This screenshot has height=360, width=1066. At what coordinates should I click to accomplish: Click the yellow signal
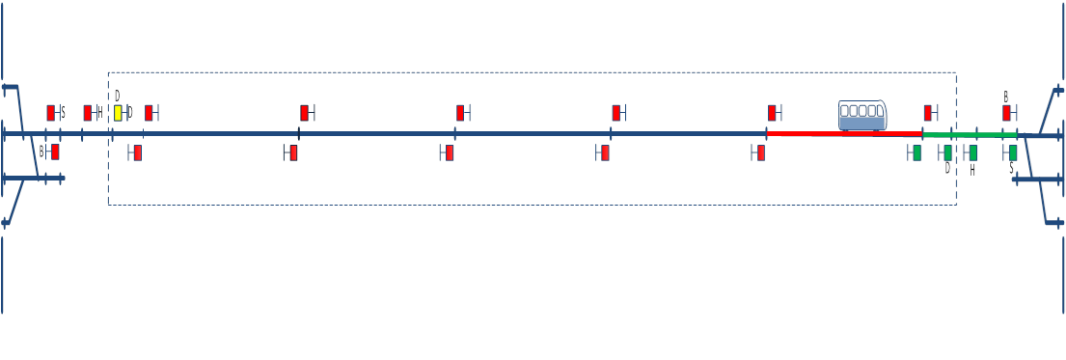[x=118, y=112]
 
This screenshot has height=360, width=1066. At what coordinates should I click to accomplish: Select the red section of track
[x=844, y=134]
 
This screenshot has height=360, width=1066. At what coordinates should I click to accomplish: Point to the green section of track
[x=969, y=135]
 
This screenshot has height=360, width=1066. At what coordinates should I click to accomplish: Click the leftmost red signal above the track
[x=51, y=112]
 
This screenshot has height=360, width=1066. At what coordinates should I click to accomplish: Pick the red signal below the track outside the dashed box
[x=55, y=152]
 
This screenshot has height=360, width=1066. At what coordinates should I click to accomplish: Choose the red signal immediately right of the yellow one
[x=149, y=112]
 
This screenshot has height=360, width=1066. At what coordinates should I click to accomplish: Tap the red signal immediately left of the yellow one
[x=87, y=112]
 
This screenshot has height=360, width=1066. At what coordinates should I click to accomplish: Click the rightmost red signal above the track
[x=1006, y=112]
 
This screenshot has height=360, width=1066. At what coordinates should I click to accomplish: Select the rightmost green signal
[x=1013, y=152]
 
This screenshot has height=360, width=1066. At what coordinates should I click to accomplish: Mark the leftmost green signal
[x=916, y=152]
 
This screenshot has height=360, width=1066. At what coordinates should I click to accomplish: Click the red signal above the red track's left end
[x=772, y=112]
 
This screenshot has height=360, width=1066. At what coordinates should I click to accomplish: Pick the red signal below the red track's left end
[x=761, y=152]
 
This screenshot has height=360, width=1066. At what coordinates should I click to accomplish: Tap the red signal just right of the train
[x=928, y=112]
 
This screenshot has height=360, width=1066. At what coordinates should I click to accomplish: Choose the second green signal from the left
[x=948, y=152]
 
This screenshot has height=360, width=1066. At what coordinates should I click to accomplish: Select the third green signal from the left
[x=972, y=152]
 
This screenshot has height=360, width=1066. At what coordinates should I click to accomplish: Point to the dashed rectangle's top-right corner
[x=956, y=72]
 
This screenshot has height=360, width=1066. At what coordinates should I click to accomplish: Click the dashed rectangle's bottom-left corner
[x=108, y=205]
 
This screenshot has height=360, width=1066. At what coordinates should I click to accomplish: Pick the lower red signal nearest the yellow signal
[x=137, y=152]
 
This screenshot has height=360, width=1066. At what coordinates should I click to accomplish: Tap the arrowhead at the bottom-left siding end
[x=6, y=223]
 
